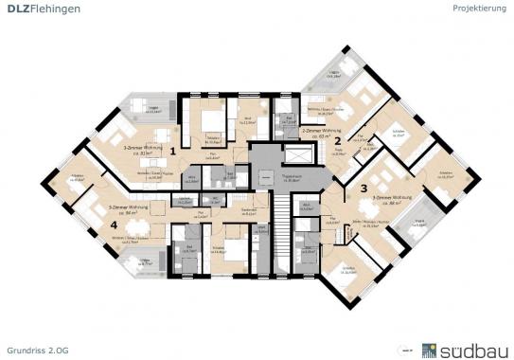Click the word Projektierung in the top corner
pyautogui.click(x=479, y=9)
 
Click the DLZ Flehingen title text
pyautogui.click(x=42, y=9)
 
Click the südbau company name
pyautogui.click(x=472, y=347)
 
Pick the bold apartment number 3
pyautogui.click(x=363, y=189)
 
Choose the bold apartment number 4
pyautogui.click(x=113, y=225)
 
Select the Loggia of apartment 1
pyautogui.click(x=142, y=111)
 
